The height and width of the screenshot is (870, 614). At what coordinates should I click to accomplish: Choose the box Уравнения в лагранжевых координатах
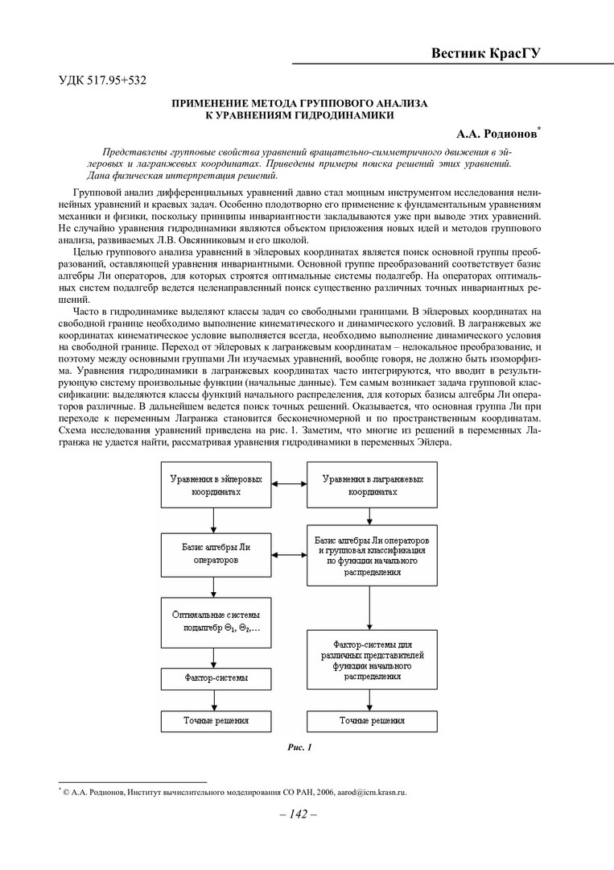[x=369, y=486]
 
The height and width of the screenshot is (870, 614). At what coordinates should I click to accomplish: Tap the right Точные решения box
[x=371, y=720]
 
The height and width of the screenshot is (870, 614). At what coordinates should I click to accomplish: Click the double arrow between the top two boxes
[x=285, y=483]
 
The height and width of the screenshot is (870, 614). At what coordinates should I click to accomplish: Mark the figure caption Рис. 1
[x=299, y=748]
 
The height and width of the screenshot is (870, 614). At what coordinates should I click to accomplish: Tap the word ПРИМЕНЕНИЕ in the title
[x=216, y=104]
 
